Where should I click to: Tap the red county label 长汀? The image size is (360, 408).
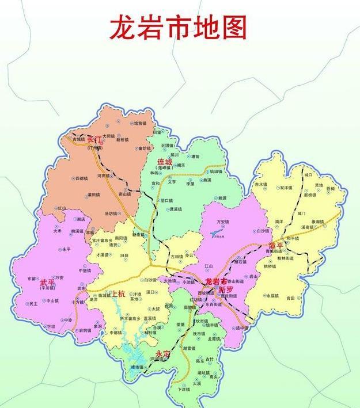(94, 140)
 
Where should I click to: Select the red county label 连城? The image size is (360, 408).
(165, 162)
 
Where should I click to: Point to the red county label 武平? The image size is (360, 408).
(47, 283)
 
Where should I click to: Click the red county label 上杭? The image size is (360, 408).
(118, 293)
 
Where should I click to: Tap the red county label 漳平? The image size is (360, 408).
(276, 246)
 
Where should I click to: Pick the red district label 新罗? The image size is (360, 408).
(225, 289)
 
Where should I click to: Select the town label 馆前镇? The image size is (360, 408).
(140, 123)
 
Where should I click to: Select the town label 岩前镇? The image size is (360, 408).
(84, 331)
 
